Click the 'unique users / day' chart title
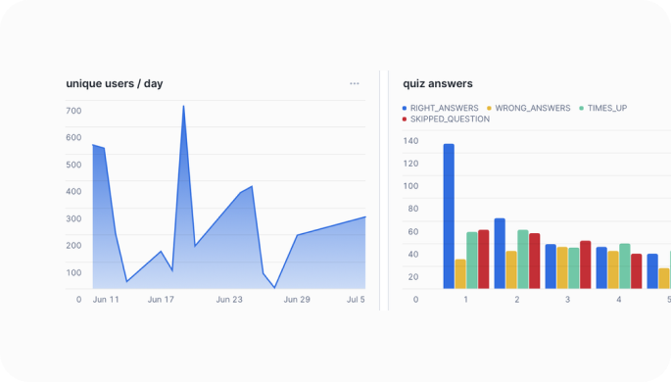pos(115,83)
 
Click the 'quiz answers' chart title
pos(438,83)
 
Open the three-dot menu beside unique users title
pos(355,83)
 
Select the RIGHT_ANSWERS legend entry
pos(440,108)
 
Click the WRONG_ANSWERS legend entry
pos(528,108)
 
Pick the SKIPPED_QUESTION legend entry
pos(446,119)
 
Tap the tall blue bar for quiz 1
pos(449,215)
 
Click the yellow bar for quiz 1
pos(460,273)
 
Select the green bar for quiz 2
pos(523,259)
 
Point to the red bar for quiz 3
pos(585,264)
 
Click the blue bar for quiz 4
pos(601,267)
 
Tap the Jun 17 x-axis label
pos(161,300)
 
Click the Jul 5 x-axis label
pos(356,300)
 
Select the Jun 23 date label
pos(229,300)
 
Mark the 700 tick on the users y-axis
pos(73,111)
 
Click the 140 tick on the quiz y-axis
pos(410,140)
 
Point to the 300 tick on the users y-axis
pos(73,218)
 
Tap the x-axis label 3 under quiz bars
pos(568,300)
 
